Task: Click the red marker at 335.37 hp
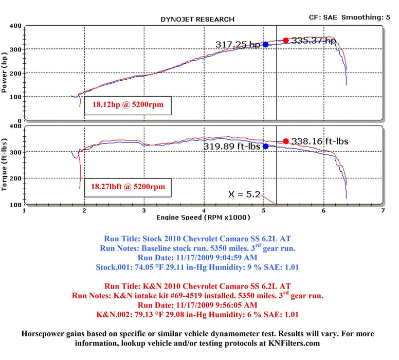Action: [x=286, y=40]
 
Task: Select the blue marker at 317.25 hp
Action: [x=265, y=44]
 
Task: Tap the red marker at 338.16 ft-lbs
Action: [x=286, y=141]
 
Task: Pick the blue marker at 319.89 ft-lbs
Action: [x=265, y=146]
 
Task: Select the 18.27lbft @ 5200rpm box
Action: [x=128, y=187]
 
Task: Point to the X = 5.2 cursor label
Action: [x=244, y=194]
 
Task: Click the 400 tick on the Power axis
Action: [x=15, y=26]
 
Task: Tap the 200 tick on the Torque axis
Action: [x=15, y=178]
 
